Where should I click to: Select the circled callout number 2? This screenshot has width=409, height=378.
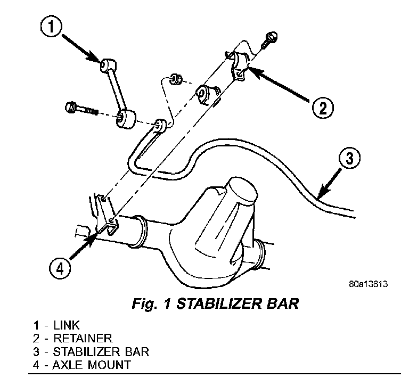pos(323,109)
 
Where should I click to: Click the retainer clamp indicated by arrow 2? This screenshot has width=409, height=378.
pos(239,67)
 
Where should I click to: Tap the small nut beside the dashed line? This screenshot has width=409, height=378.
pos(176,80)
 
